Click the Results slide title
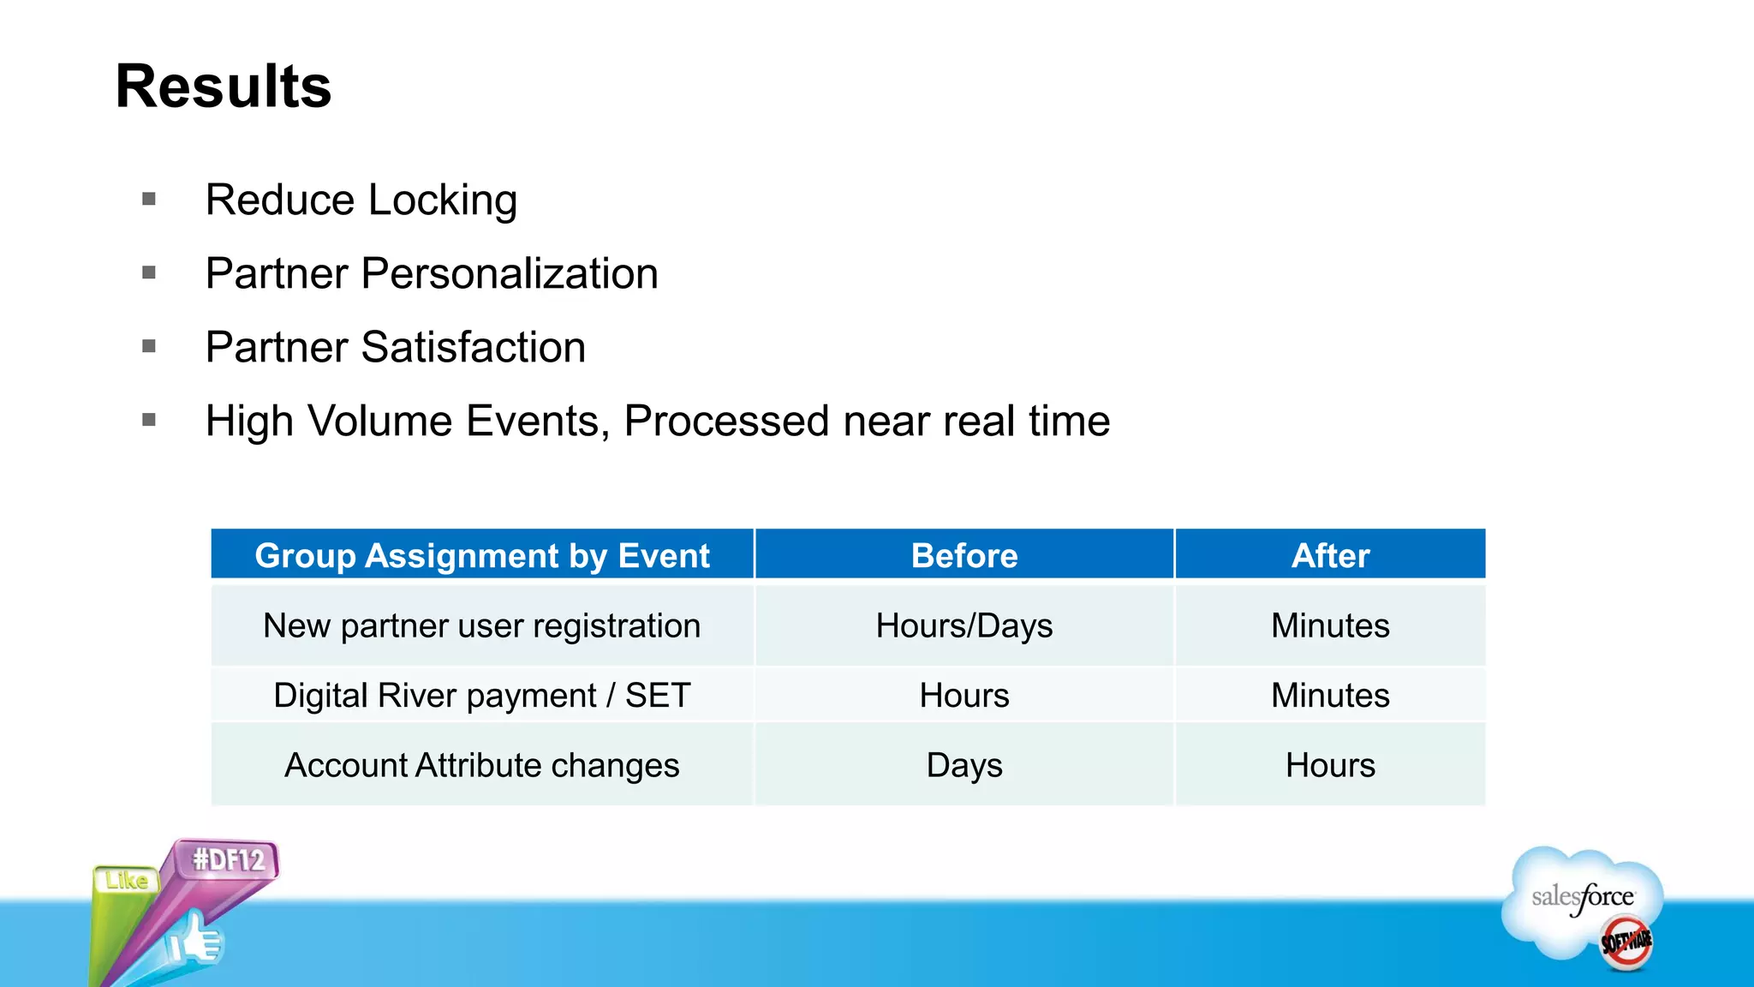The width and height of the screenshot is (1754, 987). tap(224, 87)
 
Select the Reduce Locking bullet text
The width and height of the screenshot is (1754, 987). tap(361, 200)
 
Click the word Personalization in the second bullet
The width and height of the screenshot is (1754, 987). tap(510, 274)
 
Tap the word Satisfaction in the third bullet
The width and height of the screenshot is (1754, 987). tap(473, 348)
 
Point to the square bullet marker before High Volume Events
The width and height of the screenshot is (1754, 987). tap(149, 420)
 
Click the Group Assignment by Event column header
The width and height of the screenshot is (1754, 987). tap(482, 555)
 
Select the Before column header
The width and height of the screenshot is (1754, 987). tap(964, 555)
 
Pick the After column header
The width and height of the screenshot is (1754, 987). tap(1330, 555)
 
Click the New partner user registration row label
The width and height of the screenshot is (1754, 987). tap(482, 625)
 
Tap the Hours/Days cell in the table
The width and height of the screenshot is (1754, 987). tap(964, 625)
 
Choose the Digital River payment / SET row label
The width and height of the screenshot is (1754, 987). tap(482, 695)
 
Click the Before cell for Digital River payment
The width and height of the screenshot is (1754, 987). tap(964, 695)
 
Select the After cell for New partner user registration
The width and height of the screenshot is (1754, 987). tap(1330, 625)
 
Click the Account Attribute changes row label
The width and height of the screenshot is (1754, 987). tap(482, 765)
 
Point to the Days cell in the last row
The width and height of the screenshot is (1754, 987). tap(964, 765)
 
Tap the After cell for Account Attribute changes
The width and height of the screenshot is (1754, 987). tap(1330, 765)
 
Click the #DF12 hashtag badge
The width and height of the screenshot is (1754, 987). tap(228, 859)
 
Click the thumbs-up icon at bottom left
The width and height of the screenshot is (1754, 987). tap(195, 941)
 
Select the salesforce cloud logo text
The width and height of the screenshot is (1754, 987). tap(1582, 897)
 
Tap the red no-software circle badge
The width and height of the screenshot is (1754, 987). tap(1626, 942)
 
